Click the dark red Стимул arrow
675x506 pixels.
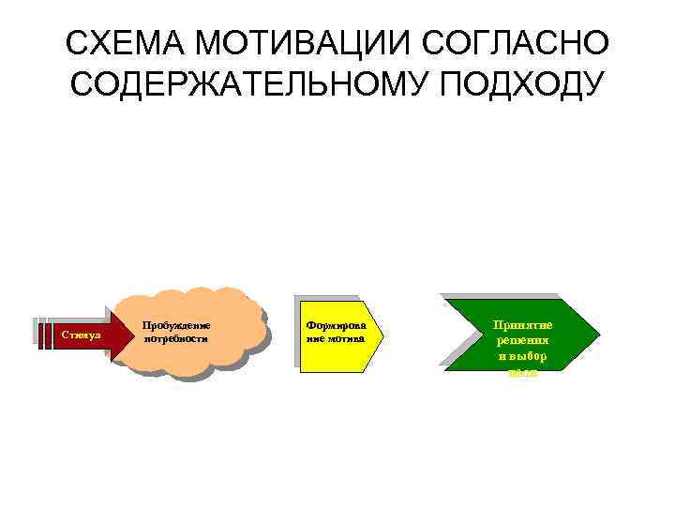[89, 334]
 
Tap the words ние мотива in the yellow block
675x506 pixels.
[331, 338]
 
